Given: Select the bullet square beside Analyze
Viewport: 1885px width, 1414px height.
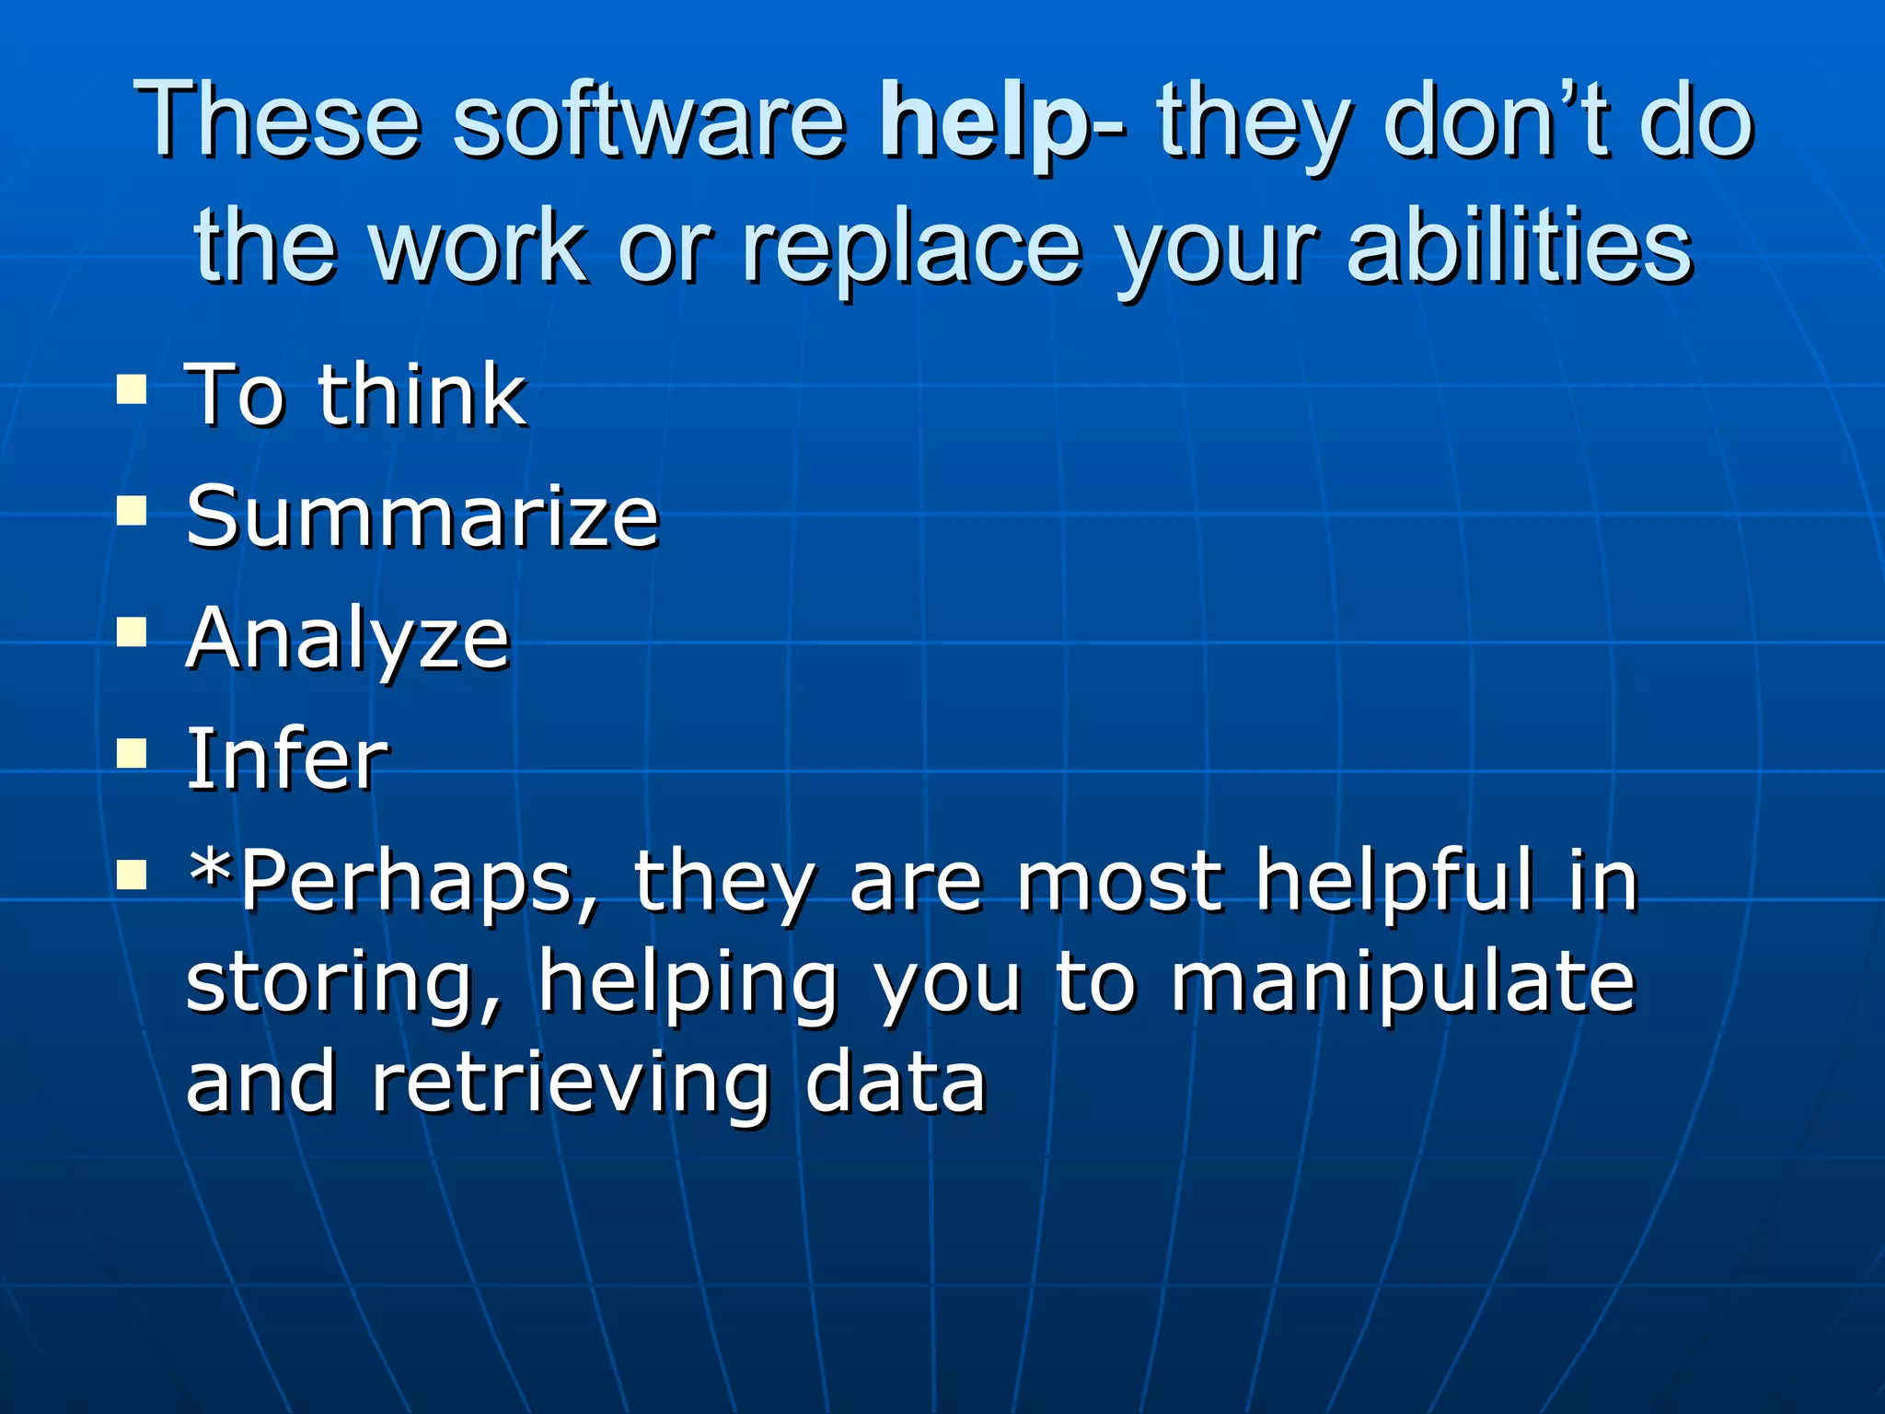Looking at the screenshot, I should [132, 632].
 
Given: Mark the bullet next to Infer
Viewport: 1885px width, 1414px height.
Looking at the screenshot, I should [132, 754].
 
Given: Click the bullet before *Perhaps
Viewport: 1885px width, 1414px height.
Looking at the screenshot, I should [132, 875].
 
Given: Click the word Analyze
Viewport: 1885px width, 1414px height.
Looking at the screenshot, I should [348, 640].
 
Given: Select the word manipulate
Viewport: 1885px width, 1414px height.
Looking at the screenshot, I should [1403, 982].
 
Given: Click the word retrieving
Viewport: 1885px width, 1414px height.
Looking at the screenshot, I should [570, 1084].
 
